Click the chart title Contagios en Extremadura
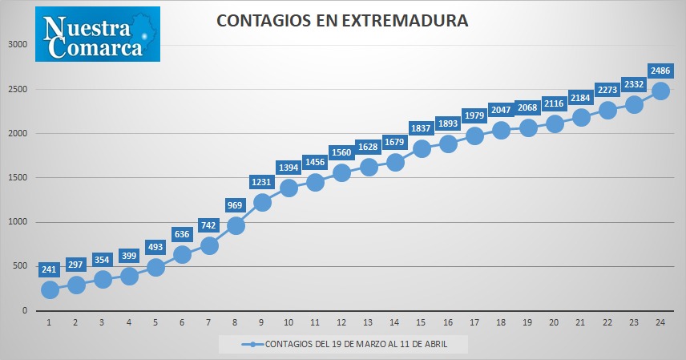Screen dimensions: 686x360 point(342,21)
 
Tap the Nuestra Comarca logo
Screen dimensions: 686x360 point(98,34)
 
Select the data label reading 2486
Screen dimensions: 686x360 point(660,71)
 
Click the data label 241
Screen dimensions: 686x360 point(49,269)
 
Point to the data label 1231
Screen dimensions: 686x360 point(261,182)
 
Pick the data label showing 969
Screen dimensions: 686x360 point(235,205)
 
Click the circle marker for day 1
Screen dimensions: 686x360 point(50,289)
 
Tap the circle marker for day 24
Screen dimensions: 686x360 point(660,91)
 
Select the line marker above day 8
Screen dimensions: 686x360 point(236,225)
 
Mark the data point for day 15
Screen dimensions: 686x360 point(422,148)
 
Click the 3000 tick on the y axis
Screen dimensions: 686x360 point(18,44)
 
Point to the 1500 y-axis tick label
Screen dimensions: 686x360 point(18,177)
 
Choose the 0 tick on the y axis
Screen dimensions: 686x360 point(25,310)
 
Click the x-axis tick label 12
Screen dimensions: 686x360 point(341,322)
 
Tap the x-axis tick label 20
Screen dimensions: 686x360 point(554,322)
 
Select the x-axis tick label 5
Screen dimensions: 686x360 point(155,322)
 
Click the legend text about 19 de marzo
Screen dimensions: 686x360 point(356,344)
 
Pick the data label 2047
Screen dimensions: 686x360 point(501,110)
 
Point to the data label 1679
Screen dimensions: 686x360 point(394,142)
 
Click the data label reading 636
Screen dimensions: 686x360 point(182,234)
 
